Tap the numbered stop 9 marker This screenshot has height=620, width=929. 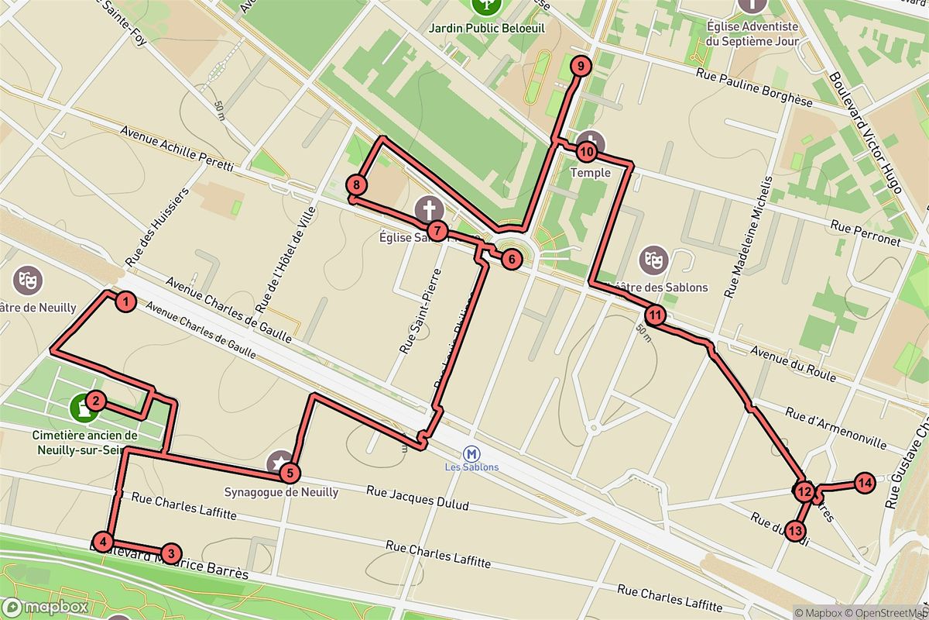(580, 67)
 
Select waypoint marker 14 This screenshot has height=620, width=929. (865, 484)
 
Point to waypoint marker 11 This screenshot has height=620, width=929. (655, 315)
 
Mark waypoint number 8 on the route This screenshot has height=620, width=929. (356, 185)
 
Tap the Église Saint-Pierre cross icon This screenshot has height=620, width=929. (427, 208)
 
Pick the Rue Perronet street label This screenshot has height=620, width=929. (866, 233)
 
